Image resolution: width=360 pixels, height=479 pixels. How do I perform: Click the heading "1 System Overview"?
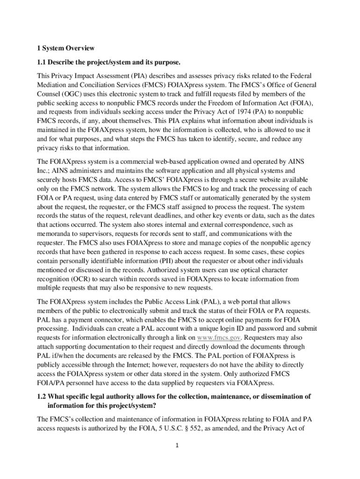pyautogui.click(x=65, y=48)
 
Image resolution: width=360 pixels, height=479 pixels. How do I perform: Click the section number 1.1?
pyautogui.click(x=42, y=62)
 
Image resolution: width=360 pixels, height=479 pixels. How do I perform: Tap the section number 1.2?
pyautogui.click(x=42, y=397)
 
